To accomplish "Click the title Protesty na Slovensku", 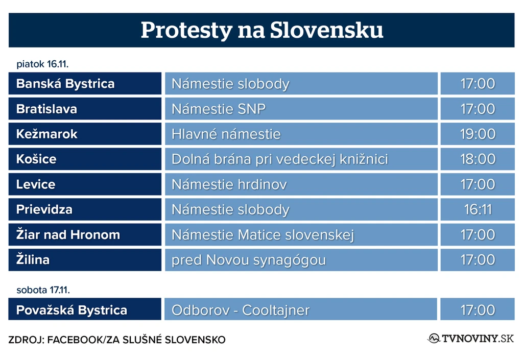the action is pyautogui.click(x=262, y=30).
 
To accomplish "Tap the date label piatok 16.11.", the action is pyautogui.click(x=42, y=64).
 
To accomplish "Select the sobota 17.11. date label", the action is pyautogui.click(x=43, y=290).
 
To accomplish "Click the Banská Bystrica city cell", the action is pyautogui.click(x=85, y=84).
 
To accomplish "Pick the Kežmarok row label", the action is pyautogui.click(x=85, y=134).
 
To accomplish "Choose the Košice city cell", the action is pyautogui.click(x=85, y=159).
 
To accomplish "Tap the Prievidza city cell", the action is pyautogui.click(x=85, y=209).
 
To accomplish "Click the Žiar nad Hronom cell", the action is pyautogui.click(x=85, y=235).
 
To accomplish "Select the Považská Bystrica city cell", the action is pyautogui.click(x=85, y=310).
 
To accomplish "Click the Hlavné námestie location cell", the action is pyautogui.click(x=301, y=134).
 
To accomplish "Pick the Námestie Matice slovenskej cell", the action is pyautogui.click(x=301, y=235).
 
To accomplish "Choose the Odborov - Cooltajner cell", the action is pyautogui.click(x=301, y=310).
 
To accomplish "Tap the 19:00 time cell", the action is pyautogui.click(x=478, y=134).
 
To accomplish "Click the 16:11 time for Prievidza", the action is pyautogui.click(x=478, y=209).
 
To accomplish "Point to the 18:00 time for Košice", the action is pyautogui.click(x=478, y=159).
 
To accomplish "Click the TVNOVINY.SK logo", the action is pyautogui.click(x=470, y=339).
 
